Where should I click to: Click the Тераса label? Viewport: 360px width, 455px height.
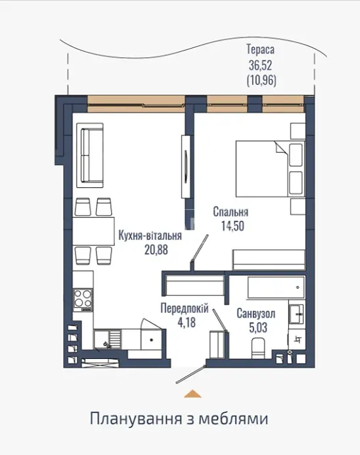tap(260, 49)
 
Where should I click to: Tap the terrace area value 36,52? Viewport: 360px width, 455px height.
tap(260, 66)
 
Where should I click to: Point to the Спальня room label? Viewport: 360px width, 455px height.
tap(231, 212)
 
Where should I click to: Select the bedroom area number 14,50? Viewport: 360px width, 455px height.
tap(233, 226)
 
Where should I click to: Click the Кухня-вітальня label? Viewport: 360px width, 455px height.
tap(150, 235)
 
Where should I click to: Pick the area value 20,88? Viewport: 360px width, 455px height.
tap(156, 250)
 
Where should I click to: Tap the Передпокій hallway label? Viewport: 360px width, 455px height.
tap(185, 308)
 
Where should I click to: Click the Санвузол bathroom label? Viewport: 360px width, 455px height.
tap(256, 314)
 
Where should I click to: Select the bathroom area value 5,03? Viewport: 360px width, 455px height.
tap(258, 327)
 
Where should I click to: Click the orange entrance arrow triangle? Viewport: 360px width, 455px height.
tap(192, 393)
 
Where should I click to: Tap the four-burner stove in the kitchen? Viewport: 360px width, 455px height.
tap(83, 300)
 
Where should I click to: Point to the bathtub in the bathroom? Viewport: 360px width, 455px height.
tap(276, 287)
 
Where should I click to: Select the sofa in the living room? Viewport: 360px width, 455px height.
tap(90, 155)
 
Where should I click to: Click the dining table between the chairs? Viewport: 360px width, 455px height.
tap(93, 231)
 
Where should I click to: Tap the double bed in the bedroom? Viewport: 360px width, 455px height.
tap(270, 169)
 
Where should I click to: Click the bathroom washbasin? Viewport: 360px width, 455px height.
tap(296, 314)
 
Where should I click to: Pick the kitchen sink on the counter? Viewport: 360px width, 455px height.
tap(106, 339)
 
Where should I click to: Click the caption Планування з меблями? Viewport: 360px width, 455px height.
tap(179, 419)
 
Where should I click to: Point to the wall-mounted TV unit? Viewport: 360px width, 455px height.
tap(186, 166)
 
